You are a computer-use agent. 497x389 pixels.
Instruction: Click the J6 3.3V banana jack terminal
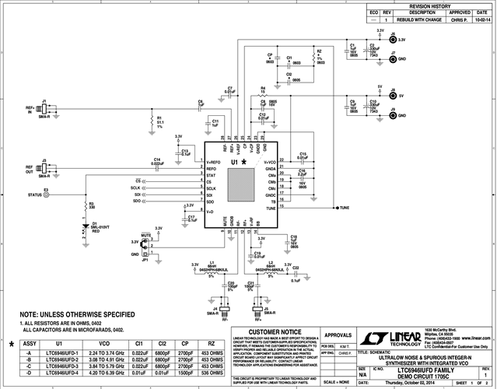point(393,38)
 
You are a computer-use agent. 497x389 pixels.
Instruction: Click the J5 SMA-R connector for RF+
point(257,310)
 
